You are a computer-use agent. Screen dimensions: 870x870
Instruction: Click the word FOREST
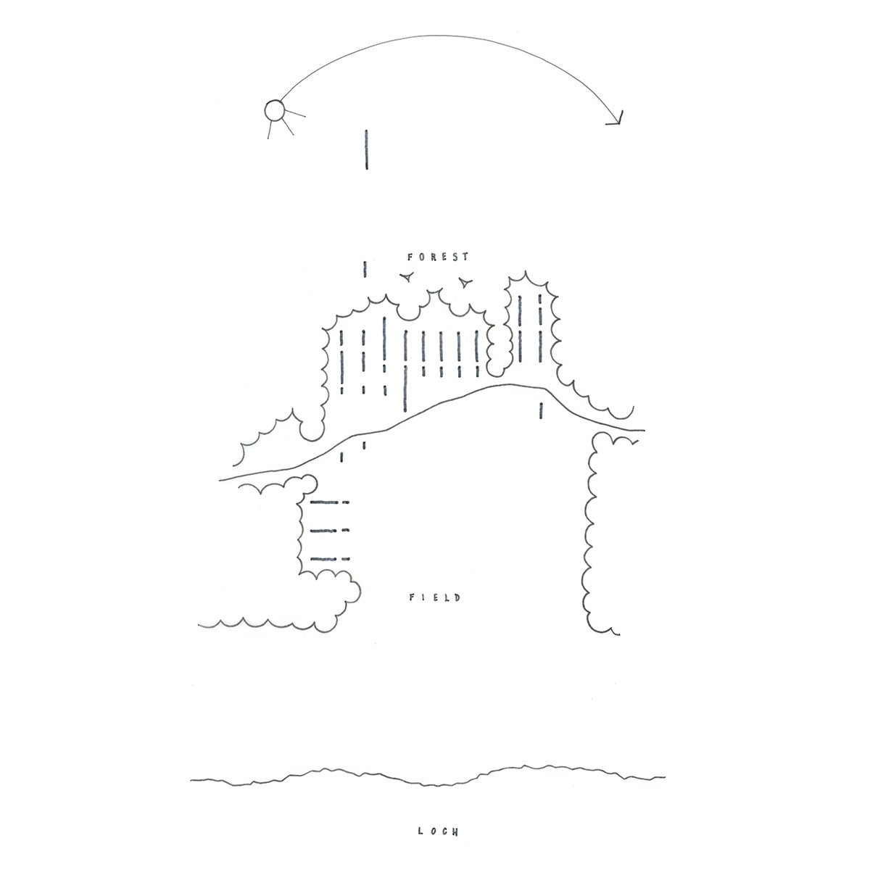click(x=438, y=257)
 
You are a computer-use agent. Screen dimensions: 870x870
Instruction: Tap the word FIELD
click(x=435, y=597)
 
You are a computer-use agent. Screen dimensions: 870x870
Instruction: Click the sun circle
click(x=275, y=111)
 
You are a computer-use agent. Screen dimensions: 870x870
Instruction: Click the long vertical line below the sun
click(x=367, y=150)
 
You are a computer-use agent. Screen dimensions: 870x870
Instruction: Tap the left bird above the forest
click(x=407, y=276)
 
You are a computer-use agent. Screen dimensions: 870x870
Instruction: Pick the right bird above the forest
click(x=465, y=283)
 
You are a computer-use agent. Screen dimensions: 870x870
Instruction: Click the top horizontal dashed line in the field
click(x=330, y=502)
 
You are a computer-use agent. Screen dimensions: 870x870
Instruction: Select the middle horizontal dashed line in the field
click(x=330, y=531)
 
